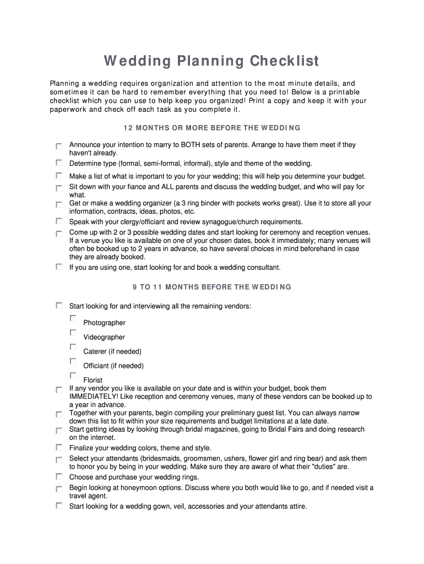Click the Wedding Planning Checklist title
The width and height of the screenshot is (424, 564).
coord(212,61)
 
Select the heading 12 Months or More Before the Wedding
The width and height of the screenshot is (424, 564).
coord(212,128)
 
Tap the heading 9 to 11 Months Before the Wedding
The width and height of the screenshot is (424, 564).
coord(212,287)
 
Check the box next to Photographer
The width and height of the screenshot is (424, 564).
coord(73,318)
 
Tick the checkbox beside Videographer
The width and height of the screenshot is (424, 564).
coord(73,333)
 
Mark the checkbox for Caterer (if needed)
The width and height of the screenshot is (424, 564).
coord(73,347)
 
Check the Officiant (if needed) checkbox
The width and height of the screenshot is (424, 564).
coord(73,361)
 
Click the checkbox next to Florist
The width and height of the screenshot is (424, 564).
coord(73,376)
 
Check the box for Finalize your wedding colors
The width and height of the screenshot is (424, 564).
coord(59,447)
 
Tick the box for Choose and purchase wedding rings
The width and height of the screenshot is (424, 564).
coord(59,476)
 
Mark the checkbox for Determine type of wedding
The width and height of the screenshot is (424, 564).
coord(59,162)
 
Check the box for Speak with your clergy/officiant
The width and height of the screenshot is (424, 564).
coord(59,221)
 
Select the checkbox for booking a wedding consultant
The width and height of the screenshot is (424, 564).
coord(59,267)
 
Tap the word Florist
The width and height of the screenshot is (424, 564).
coord(93,380)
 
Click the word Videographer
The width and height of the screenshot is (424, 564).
coord(104,337)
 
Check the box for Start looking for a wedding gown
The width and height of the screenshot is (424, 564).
coord(59,506)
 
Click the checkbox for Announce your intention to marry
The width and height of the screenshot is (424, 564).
coord(59,147)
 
